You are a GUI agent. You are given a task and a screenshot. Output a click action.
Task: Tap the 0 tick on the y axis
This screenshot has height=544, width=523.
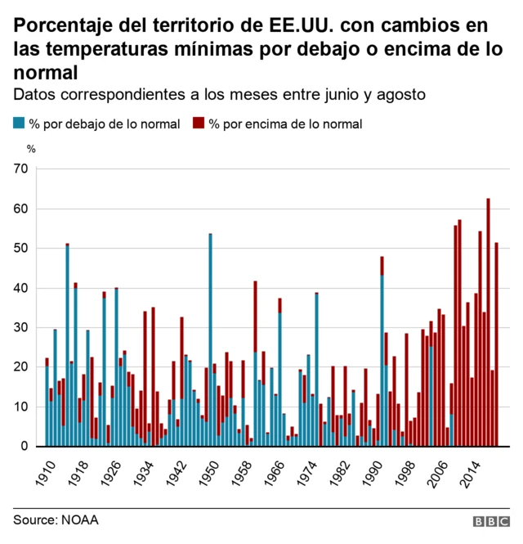pyautogui.click(x=25, y=447)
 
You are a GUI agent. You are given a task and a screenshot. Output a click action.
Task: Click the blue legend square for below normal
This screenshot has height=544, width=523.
pyautogui.click(x=18, y=124)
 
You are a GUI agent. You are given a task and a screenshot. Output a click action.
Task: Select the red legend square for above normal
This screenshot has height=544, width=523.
pyautogui.click(x=198, y=124)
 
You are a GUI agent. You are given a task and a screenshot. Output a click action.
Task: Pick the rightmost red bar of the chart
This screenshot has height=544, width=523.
pyautogui.click(x=496, y=344)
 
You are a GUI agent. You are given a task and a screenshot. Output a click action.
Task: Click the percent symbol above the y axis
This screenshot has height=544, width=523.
pyautogui.click(x=31, y=148)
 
